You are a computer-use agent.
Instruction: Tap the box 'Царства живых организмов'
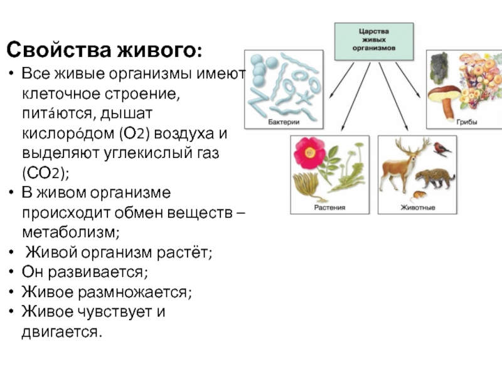pos(373,41)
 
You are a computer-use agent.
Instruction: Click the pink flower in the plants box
pos(309,151)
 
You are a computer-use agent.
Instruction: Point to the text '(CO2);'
pos(43,172)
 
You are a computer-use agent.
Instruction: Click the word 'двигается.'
pos(61,331)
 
